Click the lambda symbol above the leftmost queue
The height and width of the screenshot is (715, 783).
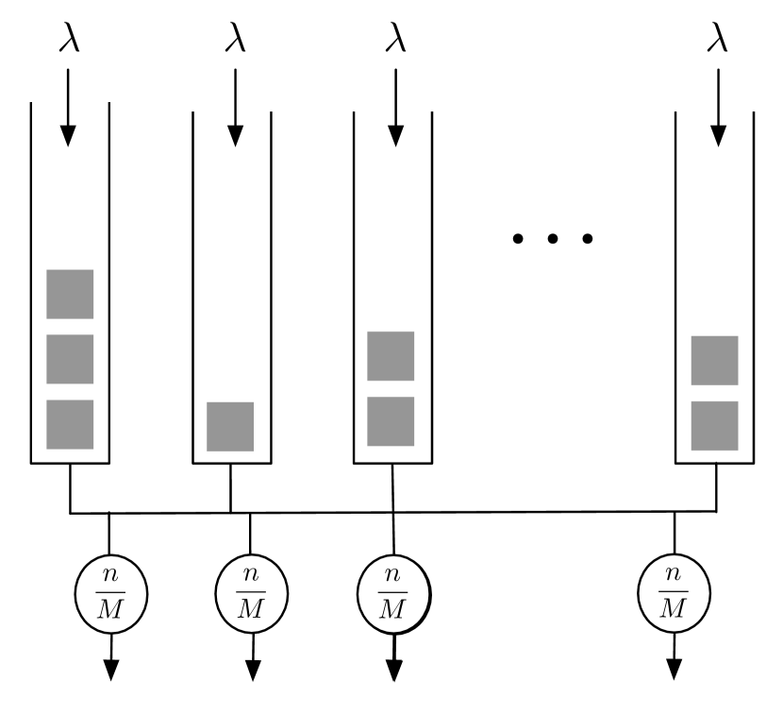(x=69, y=40)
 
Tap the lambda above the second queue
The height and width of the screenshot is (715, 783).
(x=235, y=40)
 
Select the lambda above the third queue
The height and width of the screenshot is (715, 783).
(x=395, y=40)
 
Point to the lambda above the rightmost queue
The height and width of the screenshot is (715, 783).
(x=718, y=40)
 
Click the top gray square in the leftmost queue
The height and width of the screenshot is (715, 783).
(x=70, y=294)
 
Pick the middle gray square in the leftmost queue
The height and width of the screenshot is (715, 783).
(x=70, y=359)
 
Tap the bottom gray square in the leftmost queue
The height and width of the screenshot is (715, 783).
(x=70, y=424)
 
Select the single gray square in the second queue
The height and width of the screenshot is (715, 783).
(x=230, y=426)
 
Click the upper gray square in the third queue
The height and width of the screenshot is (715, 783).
(x=391, y=356)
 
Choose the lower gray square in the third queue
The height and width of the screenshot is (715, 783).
(x=391, y=421)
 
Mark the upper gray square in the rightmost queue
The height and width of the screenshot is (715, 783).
(x=714, y=360)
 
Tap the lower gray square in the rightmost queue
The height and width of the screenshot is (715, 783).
(x=714, y=425)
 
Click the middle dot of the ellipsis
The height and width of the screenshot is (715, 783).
(x=553, y=238)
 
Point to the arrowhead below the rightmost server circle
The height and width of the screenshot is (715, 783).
(x=674, y=669)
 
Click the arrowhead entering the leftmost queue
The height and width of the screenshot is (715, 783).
(x=67, y=135)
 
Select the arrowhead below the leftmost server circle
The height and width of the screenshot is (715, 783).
(x=110, y=669)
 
